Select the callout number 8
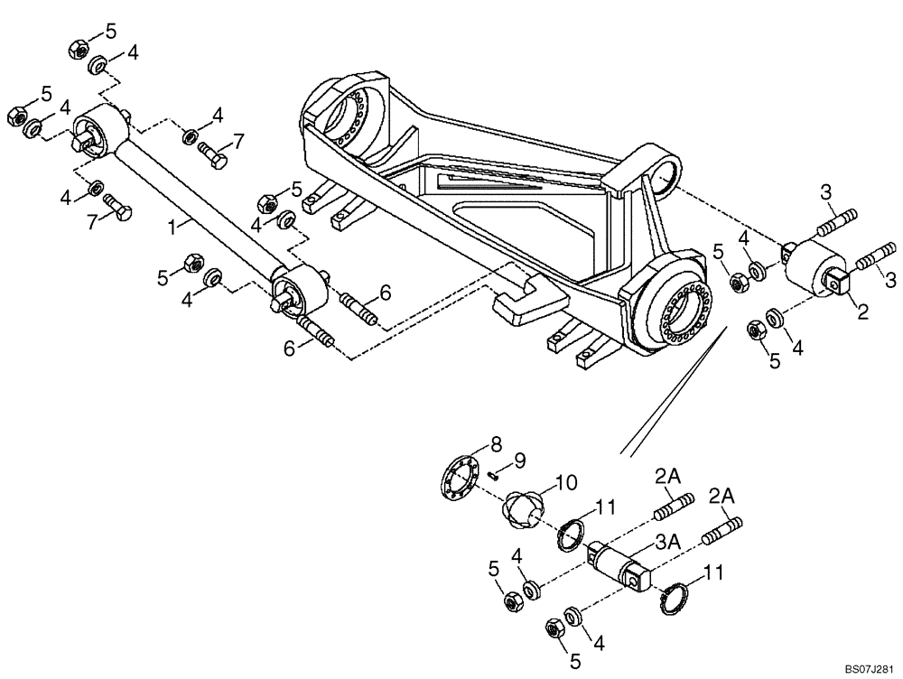tap(495, 443)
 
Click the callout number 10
tap(565, 483)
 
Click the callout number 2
tap(862, 312)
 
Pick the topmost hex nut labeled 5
tap(79, 49)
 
